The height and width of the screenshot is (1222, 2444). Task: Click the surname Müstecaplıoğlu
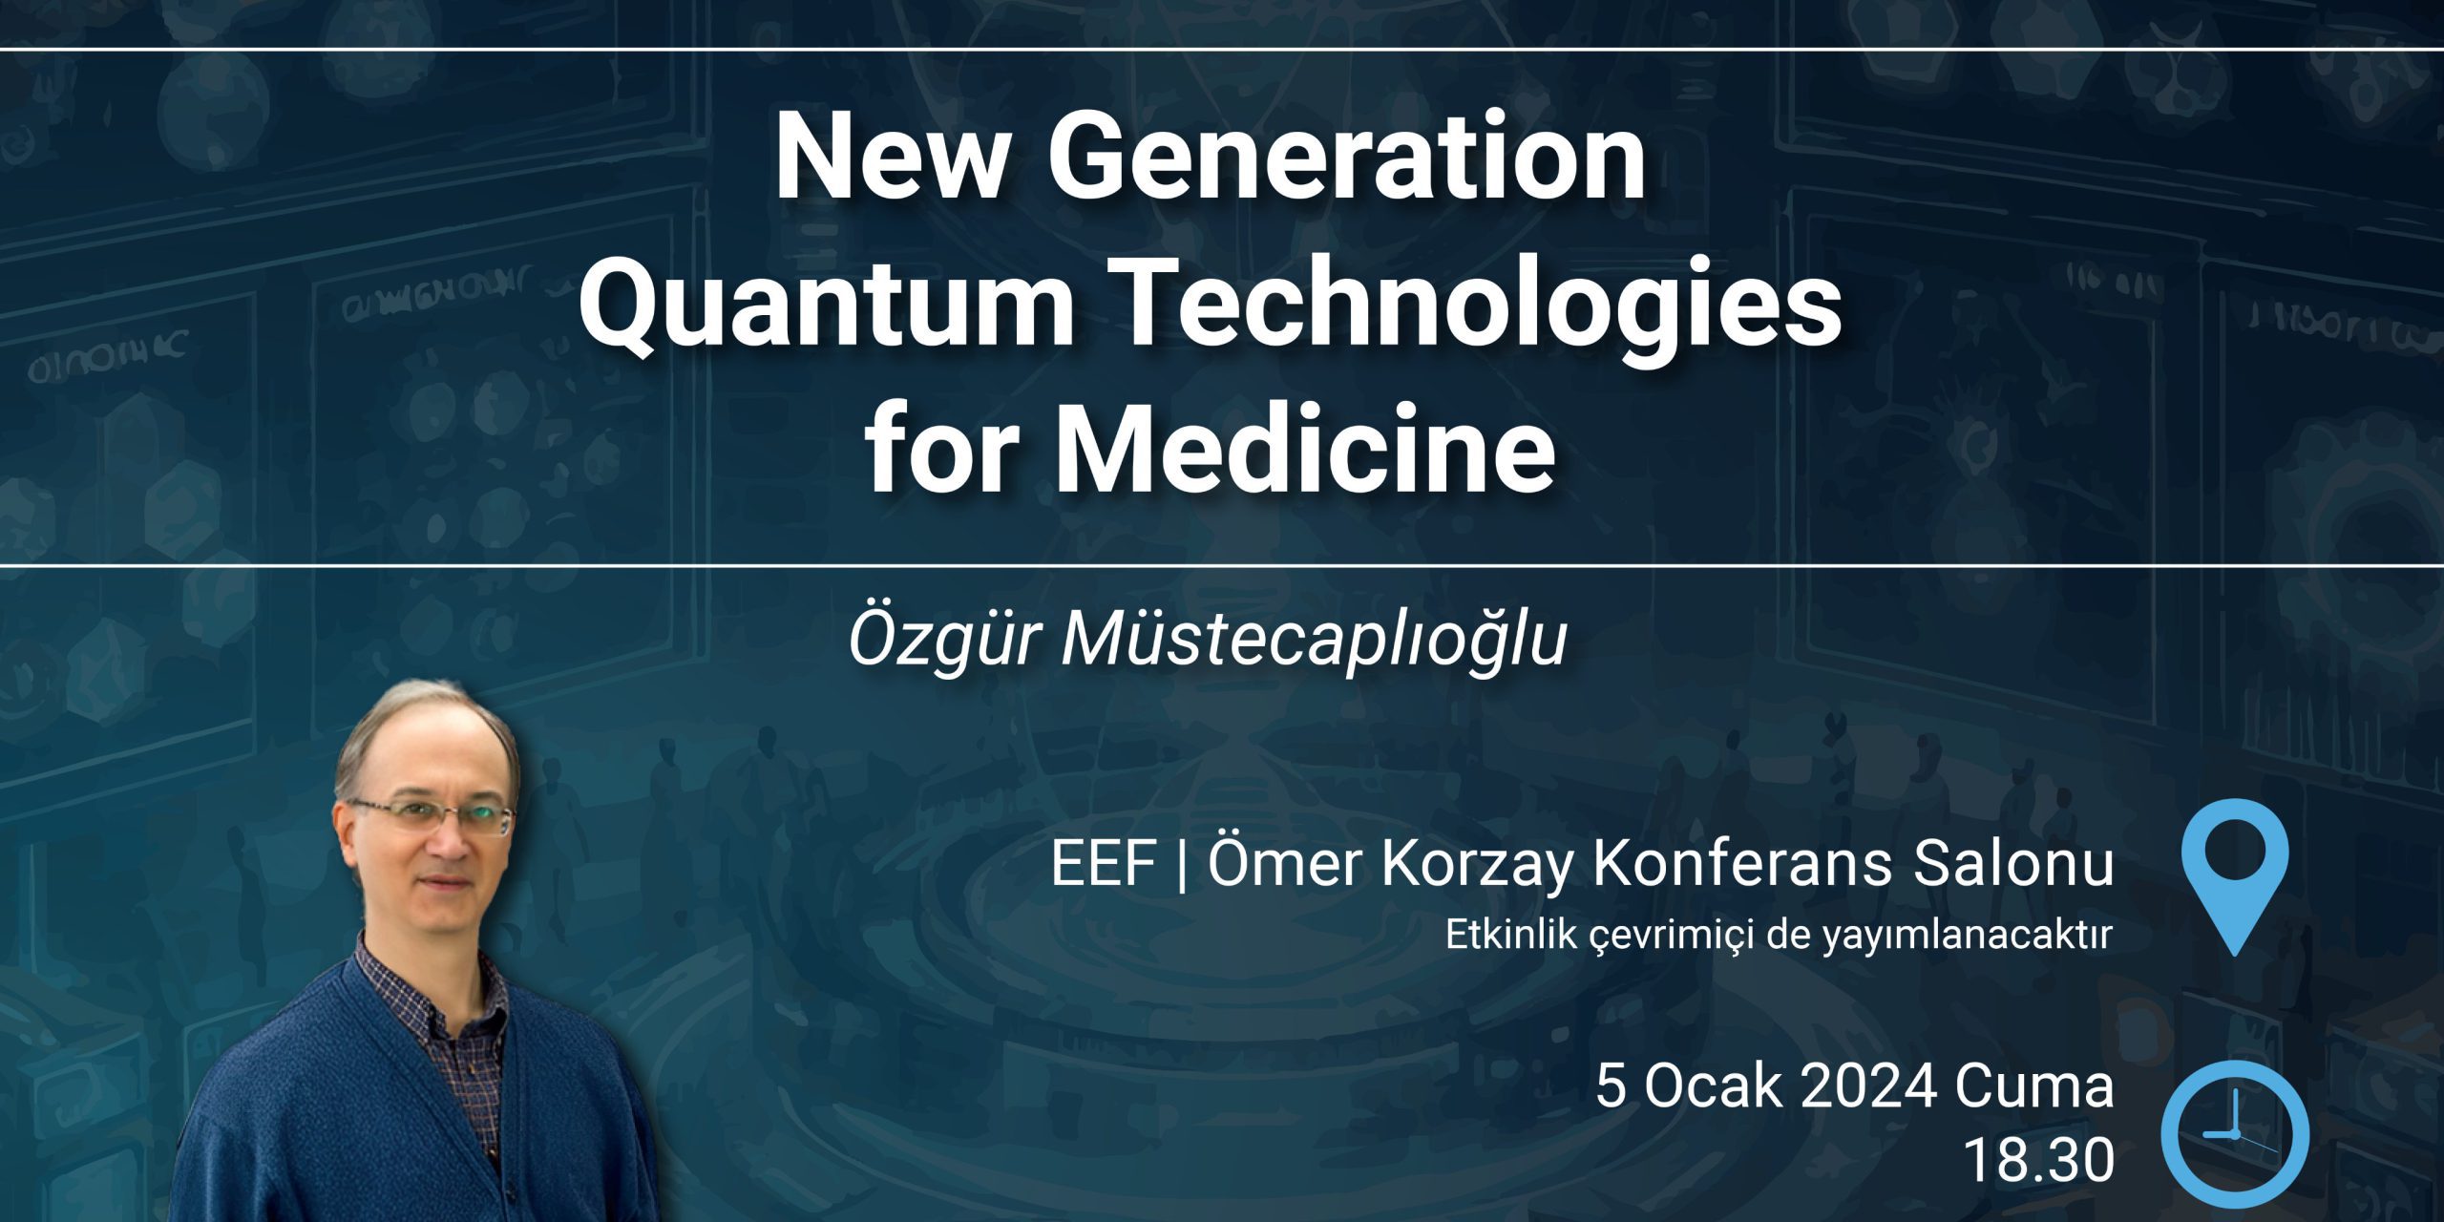click(1316, 642)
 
